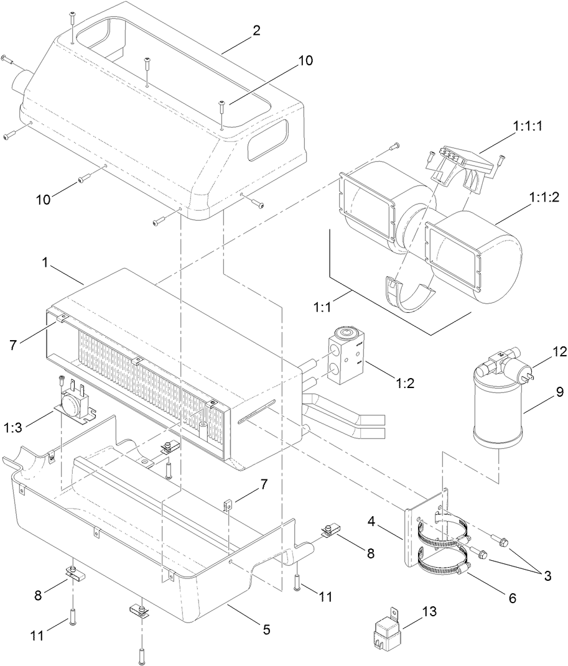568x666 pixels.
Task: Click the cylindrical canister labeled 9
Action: [x=496, y=411]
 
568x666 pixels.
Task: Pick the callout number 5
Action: [x=267, y=629]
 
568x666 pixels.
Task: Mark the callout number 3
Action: [x=547, y=576]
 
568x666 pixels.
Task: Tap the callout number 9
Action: [x=559, y=392]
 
